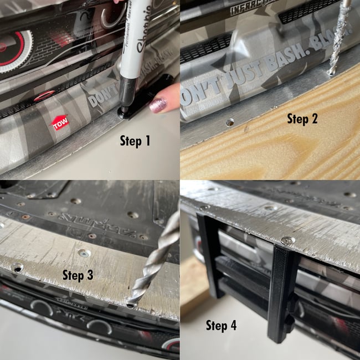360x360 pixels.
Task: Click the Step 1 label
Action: click(135, 141)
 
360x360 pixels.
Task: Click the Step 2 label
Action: click(306, 118)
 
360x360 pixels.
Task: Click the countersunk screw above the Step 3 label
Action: click(84, 253)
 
